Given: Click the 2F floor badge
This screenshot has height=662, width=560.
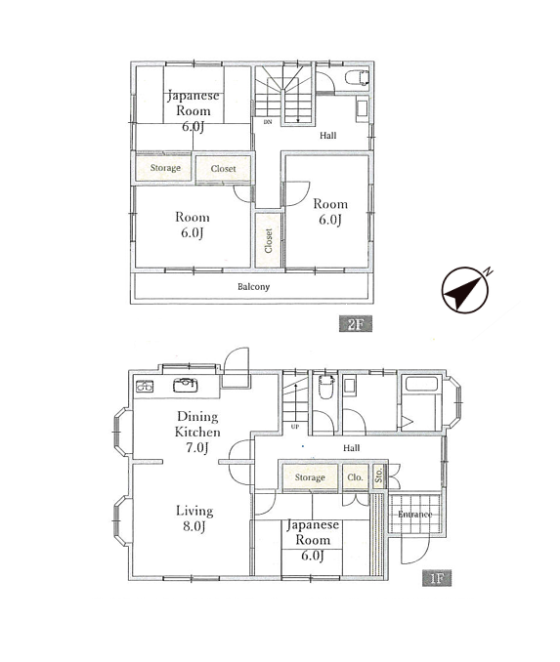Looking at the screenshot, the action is click(356, 324).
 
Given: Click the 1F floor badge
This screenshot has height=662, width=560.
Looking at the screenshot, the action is click(437, 578).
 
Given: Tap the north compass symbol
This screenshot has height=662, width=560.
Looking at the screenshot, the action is click(466, 290).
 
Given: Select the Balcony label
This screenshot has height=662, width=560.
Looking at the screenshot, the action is click(253, 287).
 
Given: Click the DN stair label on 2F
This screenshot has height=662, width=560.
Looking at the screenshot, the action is click(268, 122).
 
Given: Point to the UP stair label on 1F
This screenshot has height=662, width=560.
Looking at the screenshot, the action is click(295, 427).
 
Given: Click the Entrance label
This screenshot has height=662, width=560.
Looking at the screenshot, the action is click(414, 515).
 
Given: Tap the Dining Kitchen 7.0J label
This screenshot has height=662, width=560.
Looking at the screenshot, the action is click(197, 432).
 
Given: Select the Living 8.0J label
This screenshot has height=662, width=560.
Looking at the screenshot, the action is click(194, 518).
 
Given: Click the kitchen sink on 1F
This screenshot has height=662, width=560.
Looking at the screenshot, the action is click(185, 385).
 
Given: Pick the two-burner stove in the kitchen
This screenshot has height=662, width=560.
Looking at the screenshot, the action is click(145, 386).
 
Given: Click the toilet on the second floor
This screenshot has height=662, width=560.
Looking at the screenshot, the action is click(357, 78).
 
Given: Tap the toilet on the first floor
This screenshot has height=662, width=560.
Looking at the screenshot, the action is click(326, 387).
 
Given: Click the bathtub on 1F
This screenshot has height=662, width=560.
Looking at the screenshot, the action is click(421, 384).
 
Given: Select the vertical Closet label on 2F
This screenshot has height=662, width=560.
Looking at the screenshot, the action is click(268, 240).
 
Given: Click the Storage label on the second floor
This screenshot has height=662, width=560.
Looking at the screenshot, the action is click(165, 168).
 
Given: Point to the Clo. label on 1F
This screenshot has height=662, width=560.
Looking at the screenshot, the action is click(355, 477).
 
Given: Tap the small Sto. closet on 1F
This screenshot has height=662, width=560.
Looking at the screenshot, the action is click(379, 476).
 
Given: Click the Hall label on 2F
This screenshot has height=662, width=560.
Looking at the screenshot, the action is click(328, 135).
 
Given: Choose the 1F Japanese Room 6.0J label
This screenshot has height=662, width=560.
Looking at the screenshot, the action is click(313, 540).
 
